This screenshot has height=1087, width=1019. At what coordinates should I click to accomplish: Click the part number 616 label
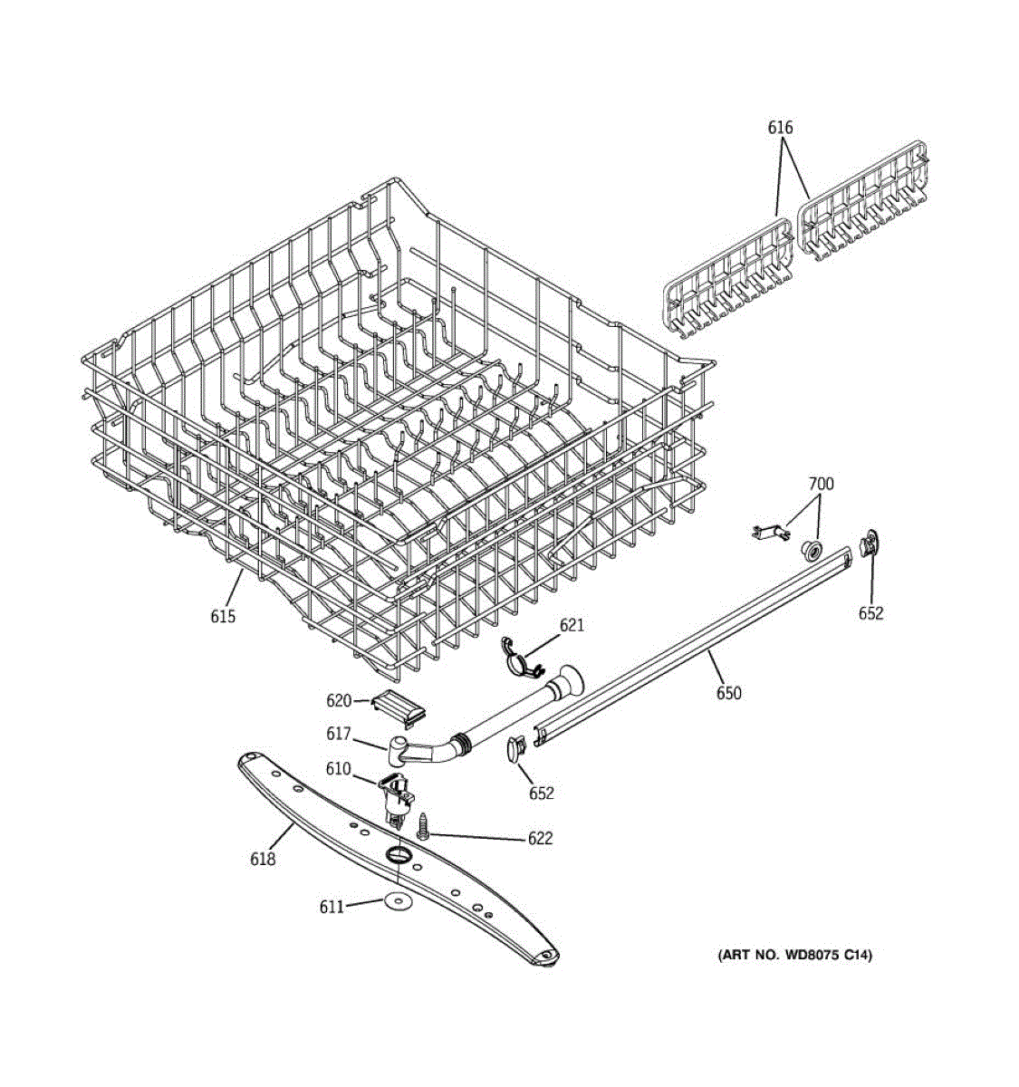pyautogui.click(x=780, y=128)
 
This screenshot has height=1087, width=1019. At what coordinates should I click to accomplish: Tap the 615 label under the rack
pyautogui.click(x=223, y=616)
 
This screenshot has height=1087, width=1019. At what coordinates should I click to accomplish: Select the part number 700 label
pyautogui.click(x=821, y=484)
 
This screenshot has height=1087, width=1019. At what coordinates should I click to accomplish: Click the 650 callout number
pyautogui.click(x=728, y=693)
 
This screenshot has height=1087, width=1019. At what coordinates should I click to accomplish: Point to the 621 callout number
pyautogui.click(x=572, y=625)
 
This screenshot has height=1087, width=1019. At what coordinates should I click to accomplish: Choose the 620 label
pyautogui.click(x=339, y=700)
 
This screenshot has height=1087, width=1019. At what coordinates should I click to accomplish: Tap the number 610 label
pyautogui.click(x=338, y=769)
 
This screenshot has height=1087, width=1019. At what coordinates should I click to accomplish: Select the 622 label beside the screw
pyautogui.click(x=540, y=839)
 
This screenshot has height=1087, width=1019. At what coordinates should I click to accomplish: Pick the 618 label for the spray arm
pyautogui.click(x=263, y=859)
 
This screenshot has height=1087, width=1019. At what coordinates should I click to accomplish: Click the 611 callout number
pyautogui.click(x=332, y=906)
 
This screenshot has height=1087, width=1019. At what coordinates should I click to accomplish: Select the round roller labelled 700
pyautogui.click(x=812, y=549)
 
